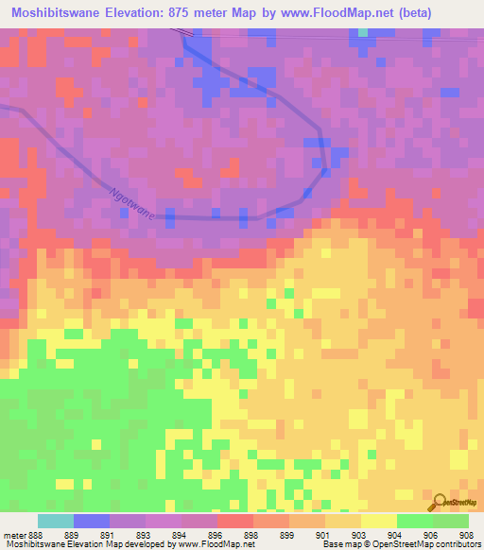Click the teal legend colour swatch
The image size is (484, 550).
click(55, 521)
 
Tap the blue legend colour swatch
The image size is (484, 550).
click(91, 521)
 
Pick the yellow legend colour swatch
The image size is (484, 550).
click(377, 521)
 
